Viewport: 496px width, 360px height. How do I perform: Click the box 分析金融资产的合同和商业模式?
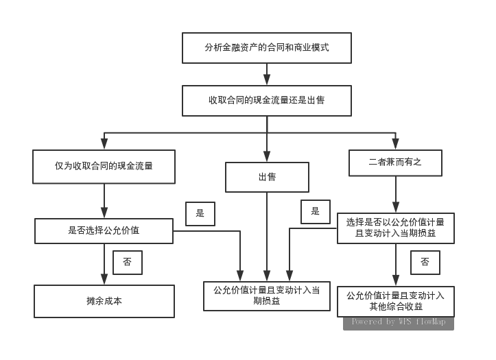point(267,48)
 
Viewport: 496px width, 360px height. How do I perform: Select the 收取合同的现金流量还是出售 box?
point(267,100)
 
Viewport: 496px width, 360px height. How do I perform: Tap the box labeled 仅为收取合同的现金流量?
point(104,166)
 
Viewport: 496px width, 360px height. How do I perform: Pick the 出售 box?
point(267,177)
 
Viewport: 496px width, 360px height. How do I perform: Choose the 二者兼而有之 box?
point(394,163)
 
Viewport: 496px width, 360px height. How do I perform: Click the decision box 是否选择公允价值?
point(104,231)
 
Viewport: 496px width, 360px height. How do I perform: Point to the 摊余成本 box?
point(104,301)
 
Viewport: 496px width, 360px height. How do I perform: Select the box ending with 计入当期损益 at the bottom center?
point(267,296)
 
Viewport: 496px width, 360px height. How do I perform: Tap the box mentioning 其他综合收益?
point(395,301)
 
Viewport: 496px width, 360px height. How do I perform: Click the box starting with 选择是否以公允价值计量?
point(395,228)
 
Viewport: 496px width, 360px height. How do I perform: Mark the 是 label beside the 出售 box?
point(316,211)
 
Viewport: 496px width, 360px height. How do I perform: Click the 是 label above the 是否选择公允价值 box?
point(200,213)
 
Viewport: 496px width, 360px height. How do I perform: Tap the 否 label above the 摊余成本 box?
point(128,262)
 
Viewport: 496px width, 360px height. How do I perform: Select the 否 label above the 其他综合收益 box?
point(425,262)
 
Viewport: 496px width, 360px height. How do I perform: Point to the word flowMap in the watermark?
point(429,322)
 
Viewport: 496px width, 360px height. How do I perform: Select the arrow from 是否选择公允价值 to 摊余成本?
point(104,265)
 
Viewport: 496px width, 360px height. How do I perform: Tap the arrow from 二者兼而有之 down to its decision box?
point(395,195)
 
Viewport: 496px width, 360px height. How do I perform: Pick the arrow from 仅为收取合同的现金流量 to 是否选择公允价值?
point(104,201)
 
